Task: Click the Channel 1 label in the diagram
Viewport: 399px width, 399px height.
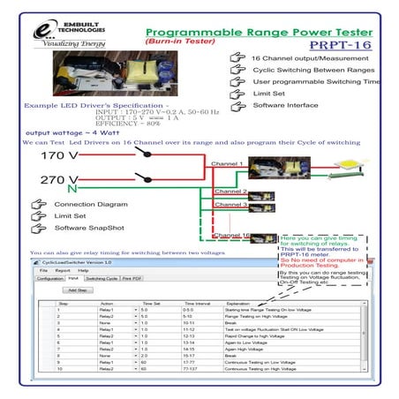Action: [228, 164]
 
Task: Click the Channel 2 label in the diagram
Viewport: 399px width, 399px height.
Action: [230, 191]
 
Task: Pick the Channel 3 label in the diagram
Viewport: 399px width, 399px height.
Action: [230, 205]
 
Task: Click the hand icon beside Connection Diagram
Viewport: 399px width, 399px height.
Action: [38, 204]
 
